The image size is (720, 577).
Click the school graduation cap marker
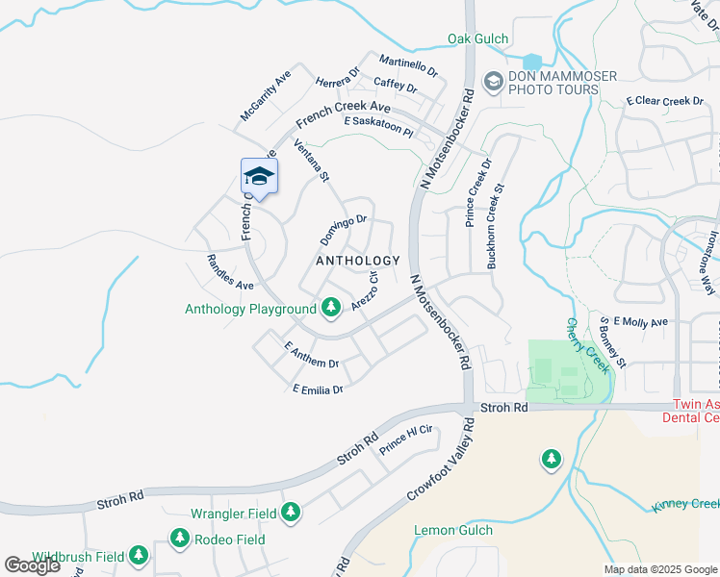259,176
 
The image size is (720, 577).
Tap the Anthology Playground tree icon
331,308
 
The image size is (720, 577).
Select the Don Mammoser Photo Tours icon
494,81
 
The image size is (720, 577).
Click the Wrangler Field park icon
290,514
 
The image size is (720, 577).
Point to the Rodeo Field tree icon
178,539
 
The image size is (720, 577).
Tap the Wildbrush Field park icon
139,556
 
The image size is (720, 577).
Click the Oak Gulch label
477,38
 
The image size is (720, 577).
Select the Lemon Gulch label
452,530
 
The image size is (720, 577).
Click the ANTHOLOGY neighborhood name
358,261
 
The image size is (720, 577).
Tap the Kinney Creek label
685,505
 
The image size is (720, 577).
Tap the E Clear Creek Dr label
665,101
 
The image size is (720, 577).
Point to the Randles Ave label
230,272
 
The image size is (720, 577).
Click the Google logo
32,565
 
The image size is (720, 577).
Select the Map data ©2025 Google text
659,569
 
